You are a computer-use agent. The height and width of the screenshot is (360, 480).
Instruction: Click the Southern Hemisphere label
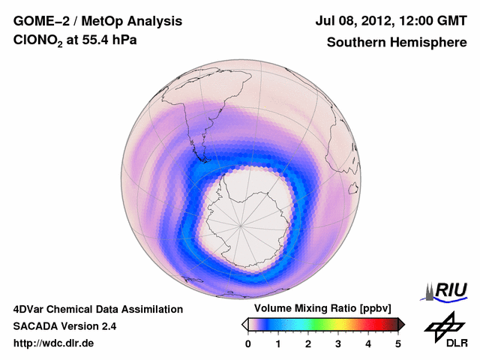click(396, 42)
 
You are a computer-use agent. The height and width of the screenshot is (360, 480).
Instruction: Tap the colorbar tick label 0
click(248, 343)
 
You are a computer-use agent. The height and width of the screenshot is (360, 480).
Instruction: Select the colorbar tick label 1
click(278, 343)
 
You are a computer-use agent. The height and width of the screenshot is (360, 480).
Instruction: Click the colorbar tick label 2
click(308, 343)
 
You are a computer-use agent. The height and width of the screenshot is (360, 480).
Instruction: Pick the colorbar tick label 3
click(338, 343)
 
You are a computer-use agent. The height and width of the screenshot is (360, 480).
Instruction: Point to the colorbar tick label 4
click(368, 343)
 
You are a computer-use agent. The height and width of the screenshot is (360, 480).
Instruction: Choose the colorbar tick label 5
click(398, 343)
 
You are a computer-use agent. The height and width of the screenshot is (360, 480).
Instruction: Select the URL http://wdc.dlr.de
click(54, 343)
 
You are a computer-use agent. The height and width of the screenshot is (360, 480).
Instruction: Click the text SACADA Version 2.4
click(64, 326)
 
